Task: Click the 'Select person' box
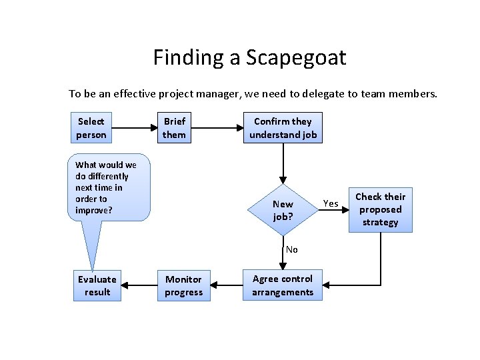(x=91, y=128)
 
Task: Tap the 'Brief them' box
(x=174, y=128)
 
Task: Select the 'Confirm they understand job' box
(x=283, y=128)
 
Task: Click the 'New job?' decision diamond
(x=283, y=210)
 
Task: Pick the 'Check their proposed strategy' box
(x=380, y=209)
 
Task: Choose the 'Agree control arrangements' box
(x=283, y=285)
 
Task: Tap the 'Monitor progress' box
(x=183, y=285)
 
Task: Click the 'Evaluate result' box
(x=97, y=285)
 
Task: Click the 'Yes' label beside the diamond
(x=331, y=203)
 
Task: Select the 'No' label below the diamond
(x=291, y=249)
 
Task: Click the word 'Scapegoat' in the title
(x=295, y=57)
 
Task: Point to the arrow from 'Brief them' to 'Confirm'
(x=217, y=128)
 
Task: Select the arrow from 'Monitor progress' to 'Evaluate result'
(x=139, y=285)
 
